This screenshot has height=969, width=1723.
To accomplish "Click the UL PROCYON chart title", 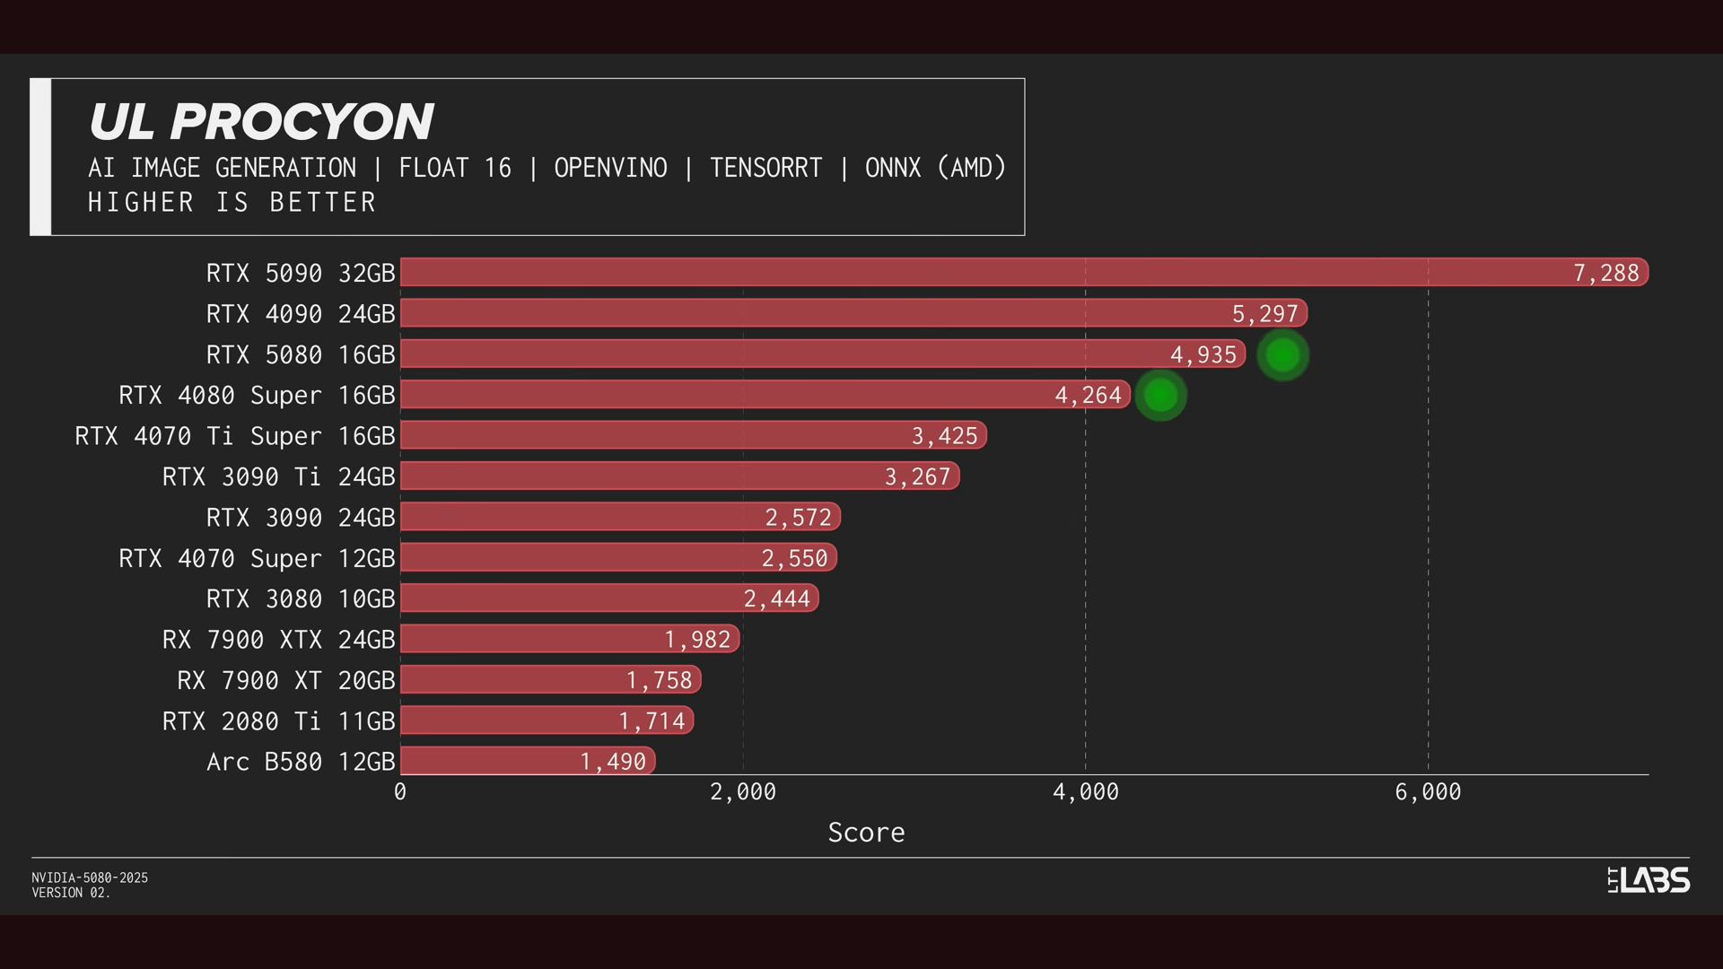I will point(260,122).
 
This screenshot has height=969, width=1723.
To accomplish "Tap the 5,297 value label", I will point(1264,314).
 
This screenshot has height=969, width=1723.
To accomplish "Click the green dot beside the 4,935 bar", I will point(1282,355).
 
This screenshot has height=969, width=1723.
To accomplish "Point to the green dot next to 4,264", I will point(1160,396).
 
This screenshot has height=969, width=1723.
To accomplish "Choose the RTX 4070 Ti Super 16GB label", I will point(235,436).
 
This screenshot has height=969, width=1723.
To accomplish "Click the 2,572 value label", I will point(798,518).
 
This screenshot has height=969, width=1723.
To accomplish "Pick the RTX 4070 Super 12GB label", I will point(257,558).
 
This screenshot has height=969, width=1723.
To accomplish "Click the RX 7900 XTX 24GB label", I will point(278,640).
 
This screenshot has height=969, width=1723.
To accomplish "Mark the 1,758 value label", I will point(659,680).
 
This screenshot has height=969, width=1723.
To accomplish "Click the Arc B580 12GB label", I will point(301,762).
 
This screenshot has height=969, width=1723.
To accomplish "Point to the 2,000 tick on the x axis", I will point(743,792).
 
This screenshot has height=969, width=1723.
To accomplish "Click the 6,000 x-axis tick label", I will point(1428,792).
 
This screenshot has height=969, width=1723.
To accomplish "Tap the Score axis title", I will point(866,833).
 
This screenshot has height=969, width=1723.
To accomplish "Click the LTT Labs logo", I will point(1649,880).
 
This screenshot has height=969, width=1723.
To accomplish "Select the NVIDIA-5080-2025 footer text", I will point(90,877).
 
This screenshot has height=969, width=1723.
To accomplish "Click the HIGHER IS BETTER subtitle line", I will point(232,203).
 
